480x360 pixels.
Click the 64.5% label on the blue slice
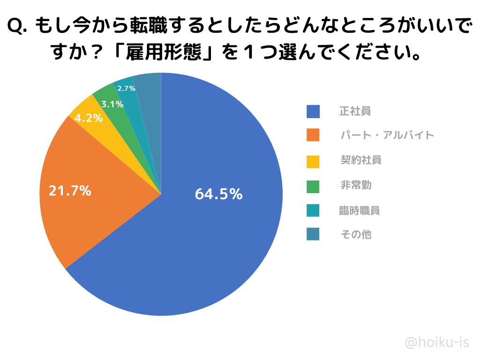click(218, 194)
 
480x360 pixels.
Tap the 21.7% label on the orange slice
click(70, 191)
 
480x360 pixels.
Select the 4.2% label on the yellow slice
click(89, 118)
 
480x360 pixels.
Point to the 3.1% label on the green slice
click(112, 104)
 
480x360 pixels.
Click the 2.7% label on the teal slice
click(126, 88)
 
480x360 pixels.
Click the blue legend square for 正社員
click(313, 112)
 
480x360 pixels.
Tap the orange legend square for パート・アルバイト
click(313, 135)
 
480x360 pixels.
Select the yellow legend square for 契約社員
click(313, 160)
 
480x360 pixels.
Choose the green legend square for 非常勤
click(313, 186)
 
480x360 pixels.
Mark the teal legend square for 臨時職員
click(313, 210)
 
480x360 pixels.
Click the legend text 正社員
click(355, 112)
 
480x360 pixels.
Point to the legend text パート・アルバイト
click(387, 135)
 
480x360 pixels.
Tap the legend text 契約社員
click(361, 160)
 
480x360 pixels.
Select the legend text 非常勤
click(356, 186)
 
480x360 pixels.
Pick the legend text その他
click(356, 234)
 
